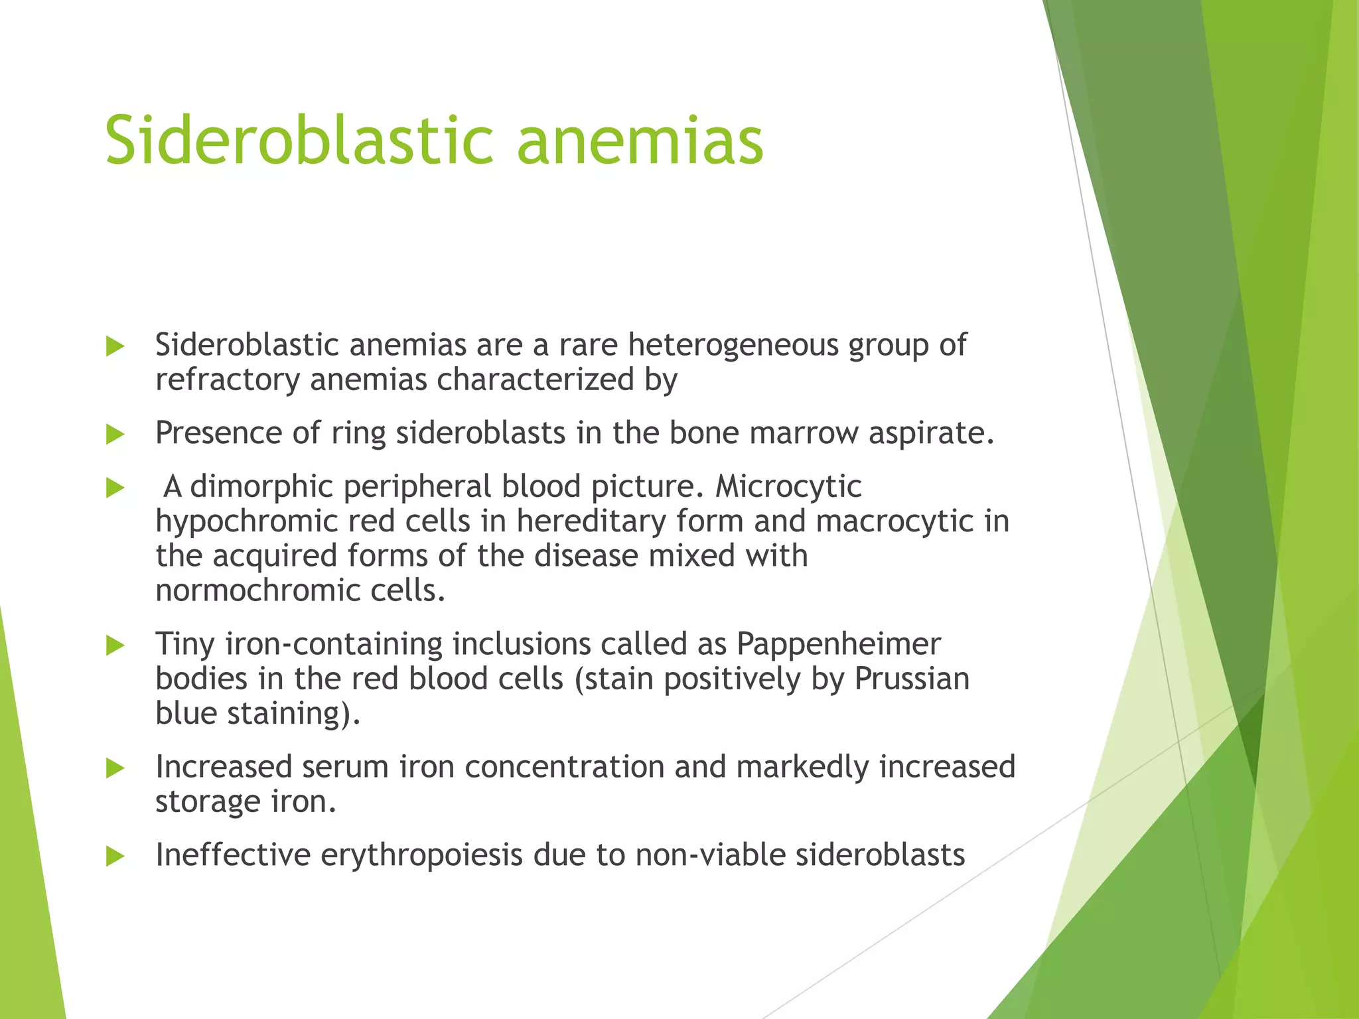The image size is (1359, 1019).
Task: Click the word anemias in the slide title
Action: pos(640,141)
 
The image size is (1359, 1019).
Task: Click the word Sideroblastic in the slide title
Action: pos(299,141)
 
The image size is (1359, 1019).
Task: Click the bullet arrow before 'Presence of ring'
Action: pos(115,435)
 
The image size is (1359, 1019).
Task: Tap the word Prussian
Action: pos(912,679)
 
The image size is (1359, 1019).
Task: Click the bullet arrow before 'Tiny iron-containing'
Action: pos(115,645)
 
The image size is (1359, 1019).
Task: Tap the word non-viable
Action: pos(710,855)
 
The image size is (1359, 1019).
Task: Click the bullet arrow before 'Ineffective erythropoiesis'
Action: pos(115,856)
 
